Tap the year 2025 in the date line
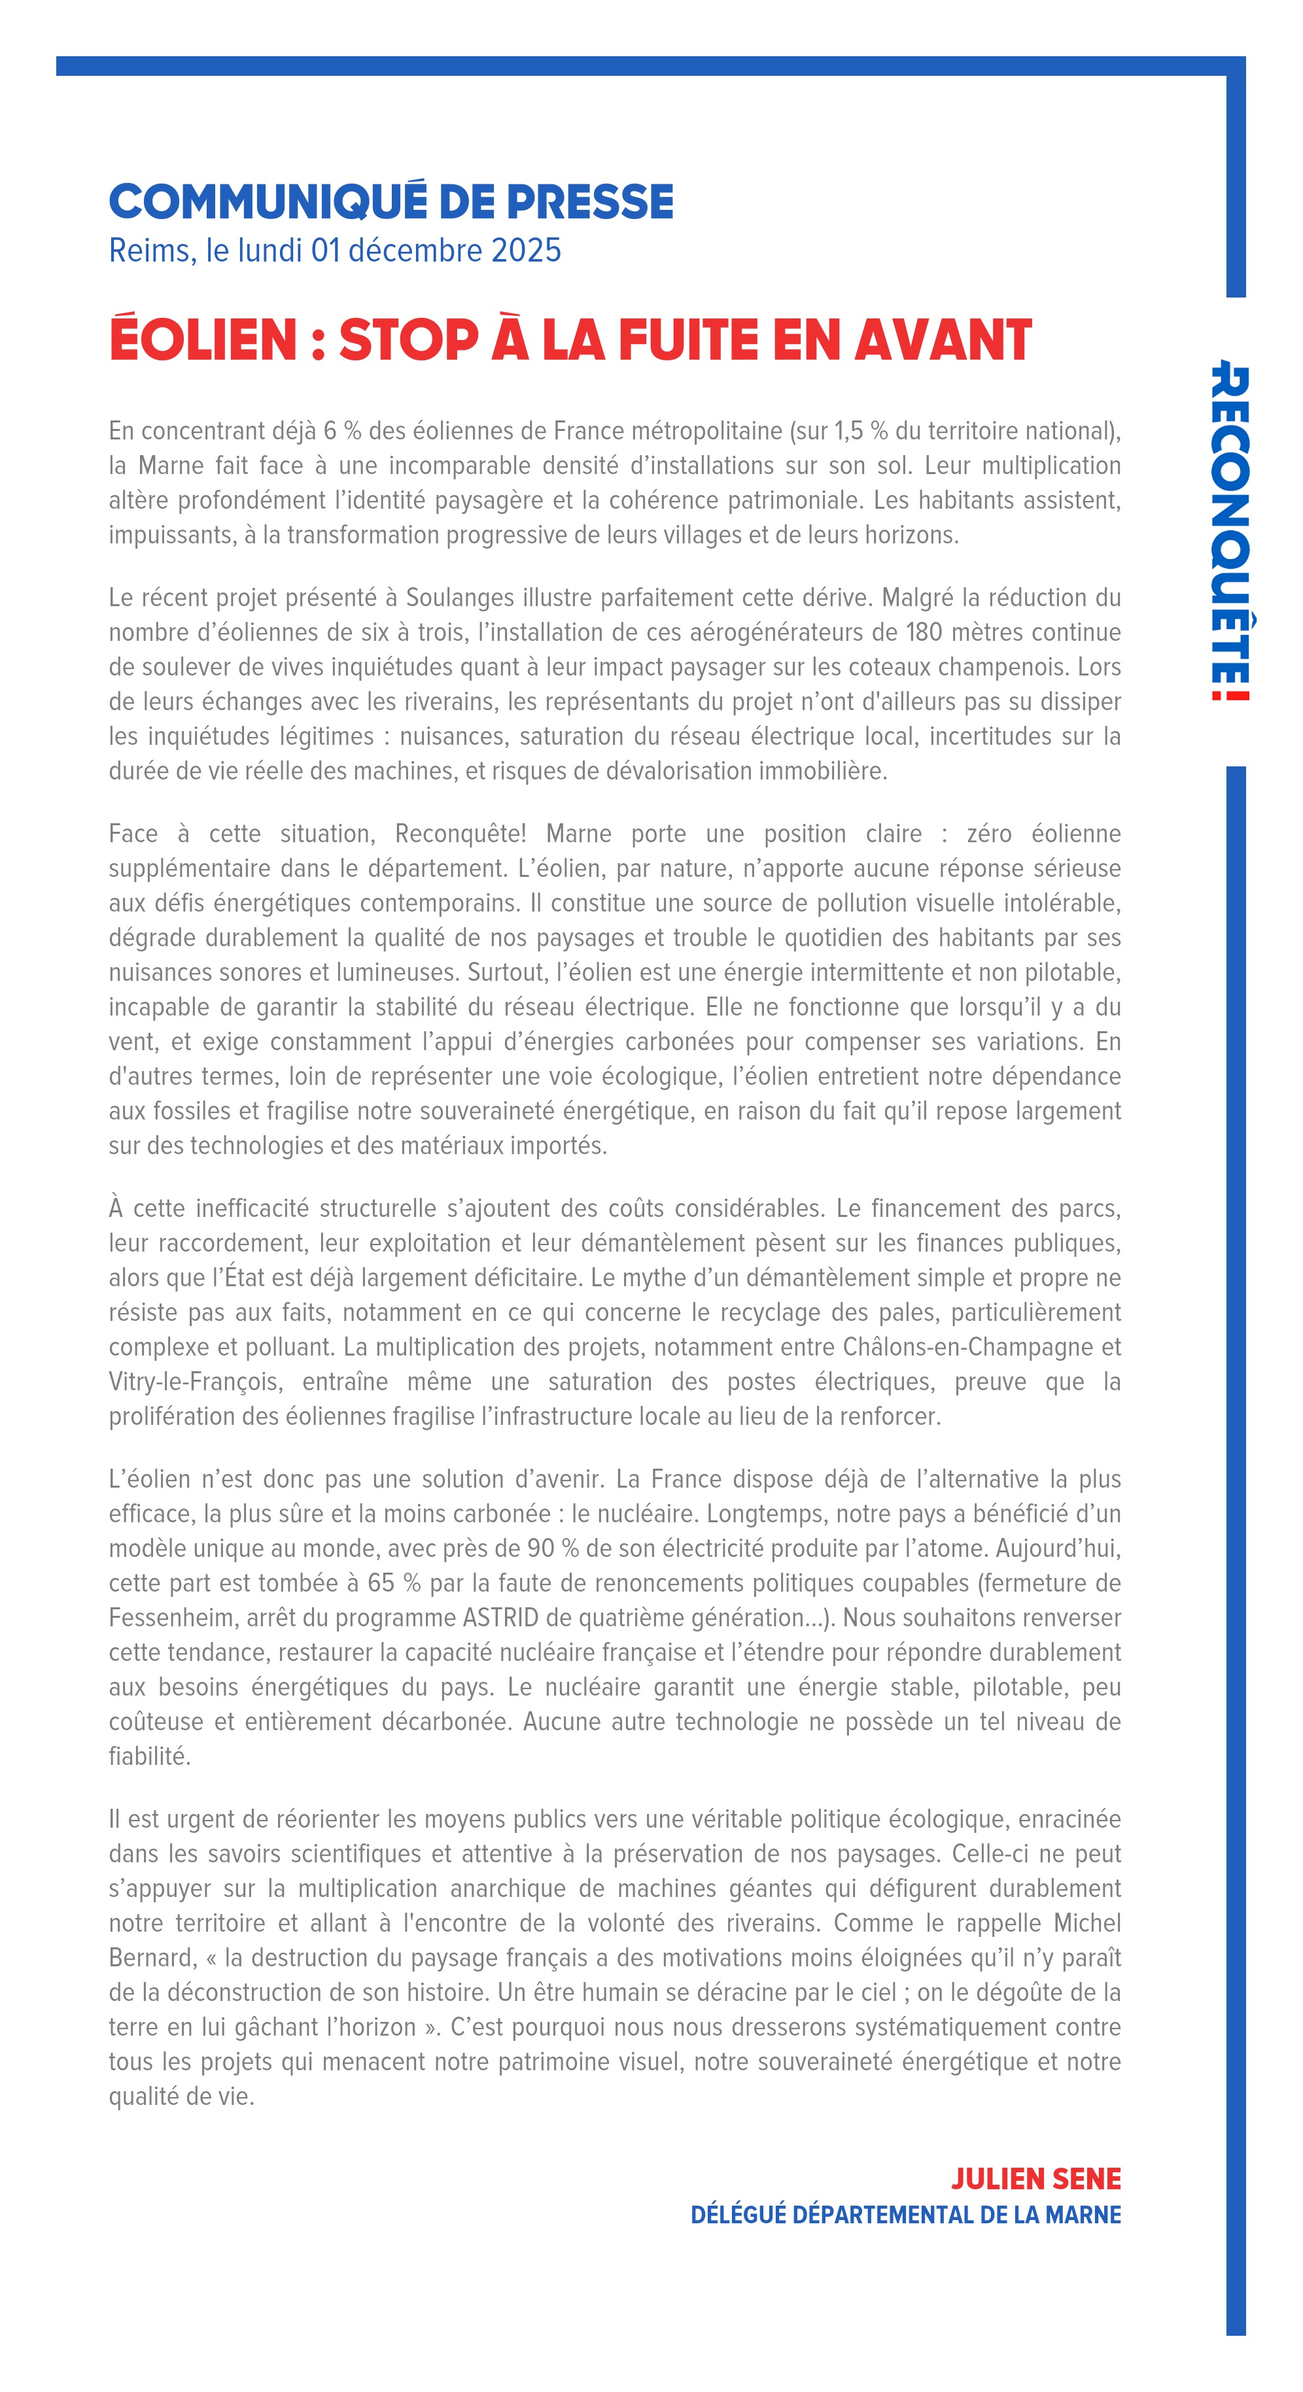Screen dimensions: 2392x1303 click(526, 250)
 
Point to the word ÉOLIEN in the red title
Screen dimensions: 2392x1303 click(203, 340)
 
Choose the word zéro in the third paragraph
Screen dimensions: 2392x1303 click(989, 834)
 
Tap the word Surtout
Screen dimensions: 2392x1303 click(507, 972)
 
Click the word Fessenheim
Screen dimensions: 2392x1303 click(171, 1618)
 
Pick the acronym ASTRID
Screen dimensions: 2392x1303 click(500, 1618)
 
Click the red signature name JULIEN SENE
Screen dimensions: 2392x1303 click(1035, 2178)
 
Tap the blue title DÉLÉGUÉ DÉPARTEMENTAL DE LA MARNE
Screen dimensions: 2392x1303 click(905, 2215)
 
